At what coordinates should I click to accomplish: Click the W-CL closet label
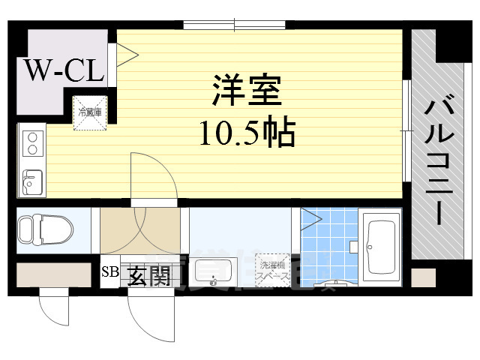pos(64,70)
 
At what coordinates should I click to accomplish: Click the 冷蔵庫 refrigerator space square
pos(91,113)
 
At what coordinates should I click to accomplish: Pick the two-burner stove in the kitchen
pos(31,142)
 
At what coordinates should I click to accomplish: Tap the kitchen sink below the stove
pos(31,181)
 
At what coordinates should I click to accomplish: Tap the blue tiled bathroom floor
pos(331,247)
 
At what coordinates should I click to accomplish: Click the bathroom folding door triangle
pos(310,219)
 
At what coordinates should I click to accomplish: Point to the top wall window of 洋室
pos(234,25)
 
